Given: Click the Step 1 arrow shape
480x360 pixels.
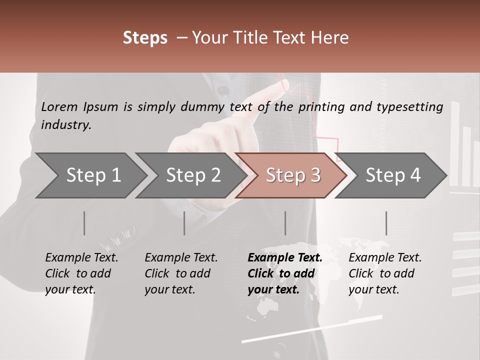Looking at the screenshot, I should click(x=90, y=175).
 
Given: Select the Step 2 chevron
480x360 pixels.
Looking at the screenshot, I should click(x=192, y=175).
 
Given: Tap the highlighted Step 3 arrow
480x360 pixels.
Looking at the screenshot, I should click(x=292, y=175).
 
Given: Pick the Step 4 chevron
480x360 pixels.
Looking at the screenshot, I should click(x=392, y=175).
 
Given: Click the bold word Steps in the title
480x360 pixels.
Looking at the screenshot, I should click(x=145, y=38).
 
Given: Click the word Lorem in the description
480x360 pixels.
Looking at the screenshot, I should click(x=59, y=106).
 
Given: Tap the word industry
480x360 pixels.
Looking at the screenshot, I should click(x=66, y=125).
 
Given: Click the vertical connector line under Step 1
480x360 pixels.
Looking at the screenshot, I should click(x=84, y=223).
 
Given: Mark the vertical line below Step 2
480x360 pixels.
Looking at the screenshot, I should click(x=184, y=223).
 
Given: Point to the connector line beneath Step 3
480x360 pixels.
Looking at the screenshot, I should click(x=285, y=223).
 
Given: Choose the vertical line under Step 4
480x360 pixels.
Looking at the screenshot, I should click(x=386, y=223).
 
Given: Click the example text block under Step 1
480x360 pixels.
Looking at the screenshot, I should click(x=81, y=273).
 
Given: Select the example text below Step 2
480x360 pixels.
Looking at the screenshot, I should click(x=181, y=273).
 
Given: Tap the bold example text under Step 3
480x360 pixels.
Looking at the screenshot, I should click(x=285, y=273).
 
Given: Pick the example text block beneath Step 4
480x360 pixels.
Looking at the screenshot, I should click(x=385, y=273).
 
